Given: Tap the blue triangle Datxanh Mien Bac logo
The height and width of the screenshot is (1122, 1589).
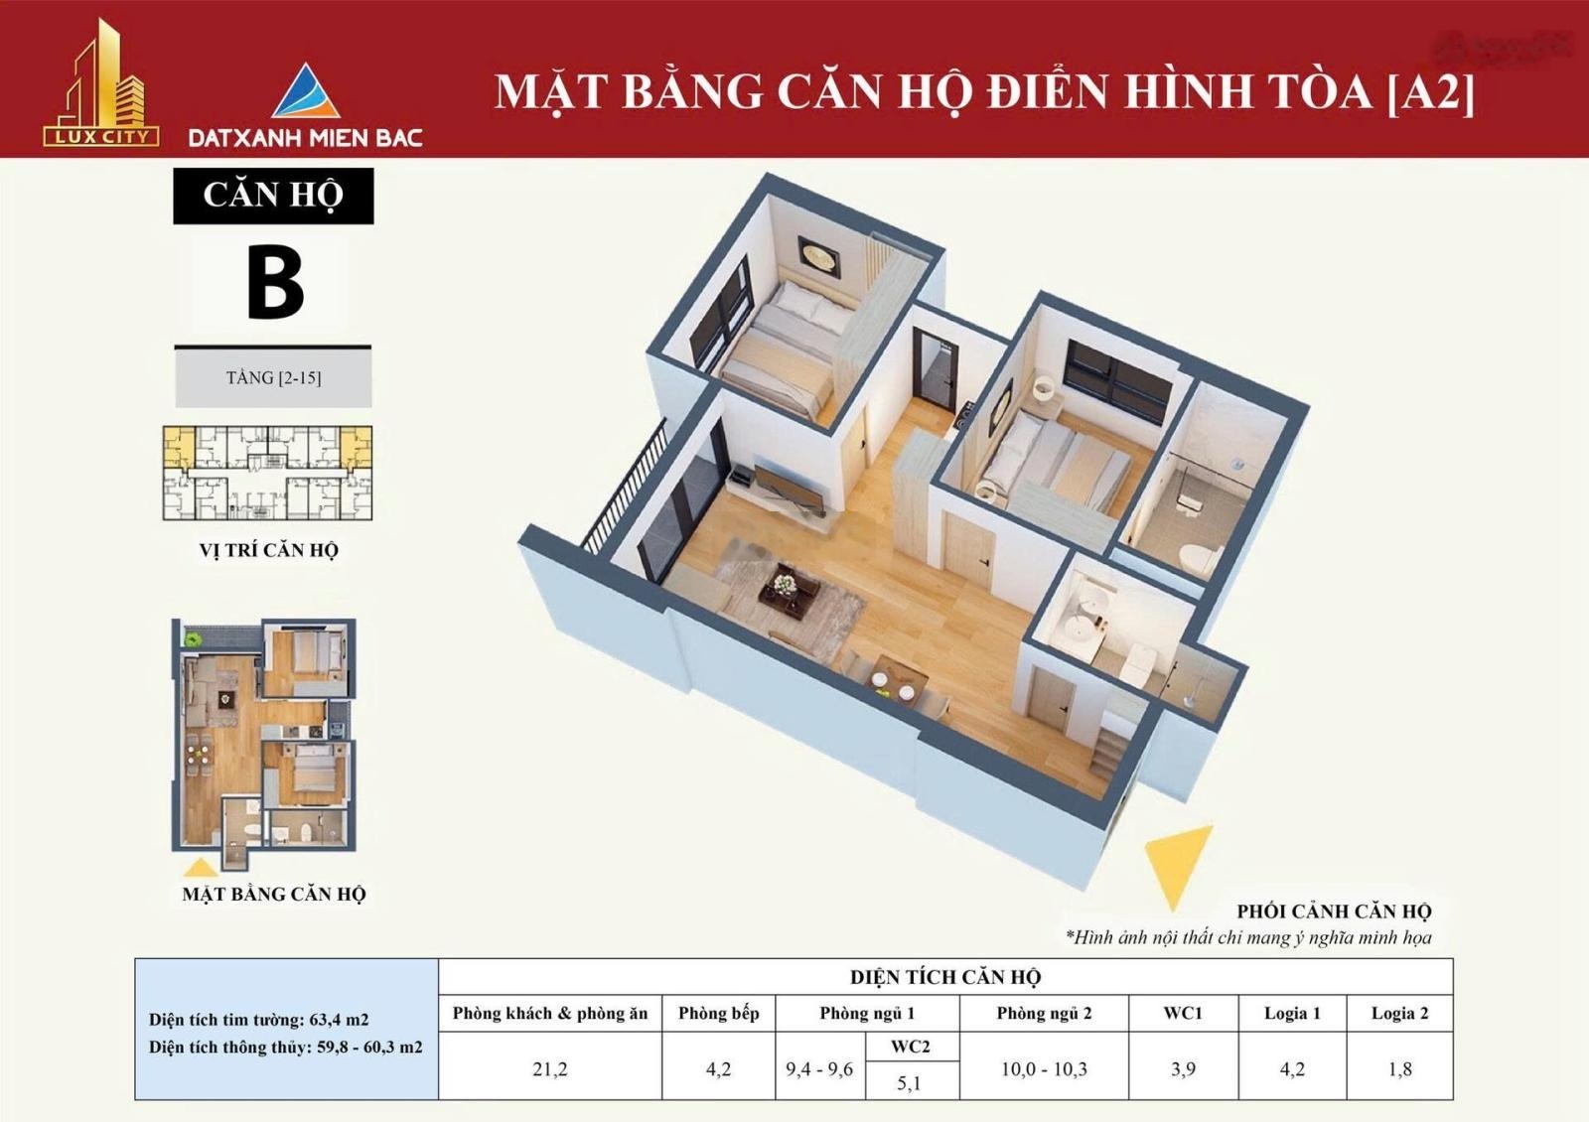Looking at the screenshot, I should pyautogui.click(x=306, y=92).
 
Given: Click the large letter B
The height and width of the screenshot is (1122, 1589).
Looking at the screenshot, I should pyautogui.click(x=274, y=284).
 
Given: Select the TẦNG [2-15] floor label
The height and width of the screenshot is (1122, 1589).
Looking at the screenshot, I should pyautogui.click(x=273, y=378).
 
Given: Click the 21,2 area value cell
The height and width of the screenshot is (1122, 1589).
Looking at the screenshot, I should pyautogui.click(x=549, y=1069).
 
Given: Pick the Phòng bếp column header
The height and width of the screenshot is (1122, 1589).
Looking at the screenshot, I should pyautogui.click(x=718, y=1014).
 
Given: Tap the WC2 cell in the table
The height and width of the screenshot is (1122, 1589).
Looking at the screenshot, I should pyautogui.click(x=911, y=1047).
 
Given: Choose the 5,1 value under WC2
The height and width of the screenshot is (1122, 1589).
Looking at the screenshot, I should pyautogui.click(x=910, y=1083).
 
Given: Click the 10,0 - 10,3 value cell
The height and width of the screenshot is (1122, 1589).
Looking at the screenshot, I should pyautogui.click(x=1044, y=1069).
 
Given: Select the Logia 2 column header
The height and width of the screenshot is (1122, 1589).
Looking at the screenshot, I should pyautogui.click(x=1399, y=1014).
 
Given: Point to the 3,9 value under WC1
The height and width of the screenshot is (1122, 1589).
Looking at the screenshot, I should pyautogui.click(x=1183, y=1069).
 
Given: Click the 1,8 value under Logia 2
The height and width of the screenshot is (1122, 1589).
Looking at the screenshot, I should pyautogui.click(x=1399, y=1069).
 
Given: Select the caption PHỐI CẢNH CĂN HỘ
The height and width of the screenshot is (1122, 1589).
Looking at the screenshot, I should pyautogui.click(x=1334, y=912).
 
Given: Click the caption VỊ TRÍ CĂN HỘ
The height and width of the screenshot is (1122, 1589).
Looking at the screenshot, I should pyautogui.click(x=268, y=550).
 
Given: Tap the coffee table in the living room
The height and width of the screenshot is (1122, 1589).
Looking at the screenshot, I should pyautogui.click(x=789, y=594).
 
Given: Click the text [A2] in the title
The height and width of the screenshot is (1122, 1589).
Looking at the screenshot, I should pyautogui.click(x=1430, y=91).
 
